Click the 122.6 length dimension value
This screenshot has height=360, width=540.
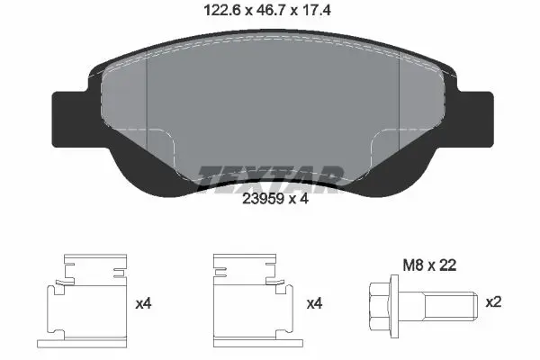tap(222, 10)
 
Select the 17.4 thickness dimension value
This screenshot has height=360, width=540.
tap(317, 10)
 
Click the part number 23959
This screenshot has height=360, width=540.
tap(263, 199)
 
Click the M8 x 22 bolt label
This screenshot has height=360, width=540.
tap(429, 265)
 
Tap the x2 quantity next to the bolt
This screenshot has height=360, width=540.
tap(493, 302)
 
